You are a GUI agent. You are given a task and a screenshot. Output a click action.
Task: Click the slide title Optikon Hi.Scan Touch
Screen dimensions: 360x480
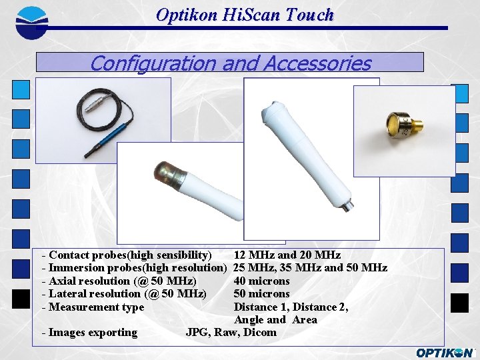245,15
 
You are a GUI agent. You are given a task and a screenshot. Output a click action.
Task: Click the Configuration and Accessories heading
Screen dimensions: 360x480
230,63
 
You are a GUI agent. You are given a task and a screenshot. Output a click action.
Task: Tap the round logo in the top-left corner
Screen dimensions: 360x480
31,21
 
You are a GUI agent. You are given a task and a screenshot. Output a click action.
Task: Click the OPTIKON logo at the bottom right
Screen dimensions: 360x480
445,353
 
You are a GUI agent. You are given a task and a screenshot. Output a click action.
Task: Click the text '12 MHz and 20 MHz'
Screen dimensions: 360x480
287,255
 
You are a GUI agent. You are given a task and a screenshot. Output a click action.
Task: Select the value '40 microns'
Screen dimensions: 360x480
261,281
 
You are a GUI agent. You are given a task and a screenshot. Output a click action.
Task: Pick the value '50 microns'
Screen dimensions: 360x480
261,294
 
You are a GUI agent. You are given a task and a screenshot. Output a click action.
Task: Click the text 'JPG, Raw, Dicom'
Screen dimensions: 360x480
231,333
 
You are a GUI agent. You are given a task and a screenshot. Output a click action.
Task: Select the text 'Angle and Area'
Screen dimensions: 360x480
275,320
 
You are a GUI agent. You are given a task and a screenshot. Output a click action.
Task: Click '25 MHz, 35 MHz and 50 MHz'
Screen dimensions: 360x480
310,268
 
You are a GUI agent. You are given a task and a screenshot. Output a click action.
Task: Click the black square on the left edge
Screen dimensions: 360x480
21,299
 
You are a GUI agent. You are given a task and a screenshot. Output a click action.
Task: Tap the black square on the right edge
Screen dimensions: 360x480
459,303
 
